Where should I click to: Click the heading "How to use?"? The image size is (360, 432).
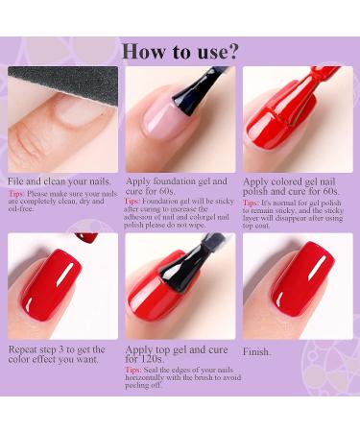click(x=180, y=49)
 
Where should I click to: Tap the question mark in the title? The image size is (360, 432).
click(x=231, y=49)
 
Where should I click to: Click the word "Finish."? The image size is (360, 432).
click(x=257, y=351)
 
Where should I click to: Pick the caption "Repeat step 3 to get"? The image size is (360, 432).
click(x=60, y=351)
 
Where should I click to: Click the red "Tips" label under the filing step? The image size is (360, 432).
click(x=16, y=194)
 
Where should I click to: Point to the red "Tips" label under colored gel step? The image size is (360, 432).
click(x=251, y=203)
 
